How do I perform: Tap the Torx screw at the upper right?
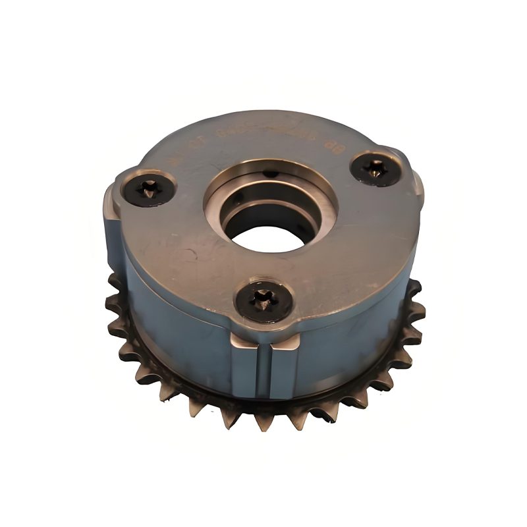pos(374,171)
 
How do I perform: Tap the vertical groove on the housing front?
pos(269,372)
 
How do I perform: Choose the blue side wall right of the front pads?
pos(349,329)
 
